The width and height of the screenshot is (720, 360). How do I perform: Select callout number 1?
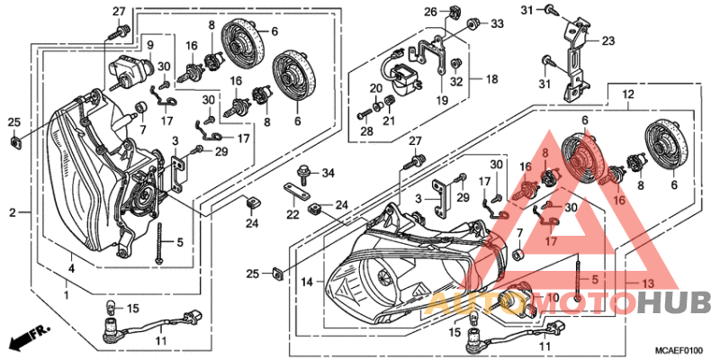click(67, 296)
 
